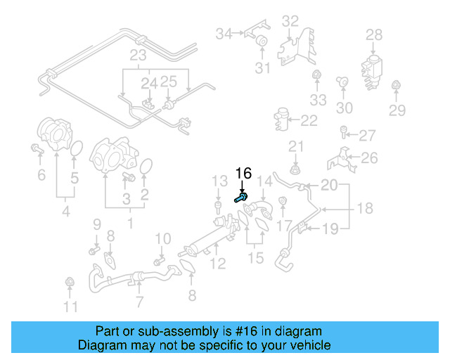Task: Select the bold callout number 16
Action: coord(243,174)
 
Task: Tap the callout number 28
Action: coord(374,34)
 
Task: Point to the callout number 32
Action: coord(290,21)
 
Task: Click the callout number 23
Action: coord(137,56)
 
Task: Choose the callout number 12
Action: coord(218,264)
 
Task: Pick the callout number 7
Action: coord(139,302)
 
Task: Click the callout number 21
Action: coord(295,146)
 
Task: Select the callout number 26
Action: coord(369,157)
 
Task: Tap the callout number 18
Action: coord(364,209)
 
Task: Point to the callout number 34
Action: coord(224,34)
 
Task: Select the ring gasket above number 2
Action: coord(146,167)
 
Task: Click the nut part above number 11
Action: coord(69,283)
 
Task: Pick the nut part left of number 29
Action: coord(394,86)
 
